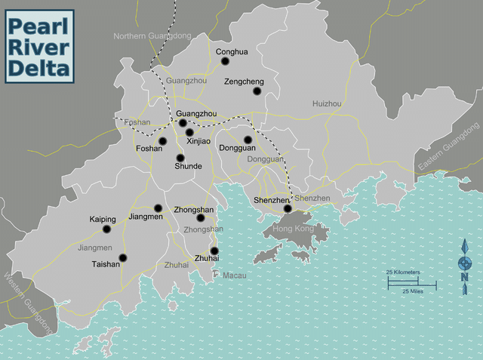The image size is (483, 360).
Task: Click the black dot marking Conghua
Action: (x=225, y=61)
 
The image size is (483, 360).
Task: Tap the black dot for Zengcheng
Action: (x=257, y=91)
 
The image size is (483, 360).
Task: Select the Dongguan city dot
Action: (x=248, y=140)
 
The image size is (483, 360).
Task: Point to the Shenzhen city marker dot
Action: (x=288, y=208)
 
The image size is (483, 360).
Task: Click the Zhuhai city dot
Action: (x=214, y=251)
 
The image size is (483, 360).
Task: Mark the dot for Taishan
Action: (x=123, y=257)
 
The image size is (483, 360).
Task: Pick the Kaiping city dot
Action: (x=106, y=229)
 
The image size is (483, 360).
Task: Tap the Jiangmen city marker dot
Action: (x=158, y=208)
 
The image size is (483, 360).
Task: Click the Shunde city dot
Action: (x=180, y=158)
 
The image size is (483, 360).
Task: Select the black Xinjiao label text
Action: (x=199, y=141)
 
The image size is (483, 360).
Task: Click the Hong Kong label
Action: (x=293, y=228)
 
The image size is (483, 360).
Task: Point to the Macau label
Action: (x=234, y=275)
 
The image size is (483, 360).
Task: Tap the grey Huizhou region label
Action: (x=327, y=103)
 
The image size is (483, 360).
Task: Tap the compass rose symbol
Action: (x=466, y=263)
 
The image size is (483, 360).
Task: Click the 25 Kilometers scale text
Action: (x=403, y=272)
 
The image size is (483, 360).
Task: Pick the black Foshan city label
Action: (x=149, y=149)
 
